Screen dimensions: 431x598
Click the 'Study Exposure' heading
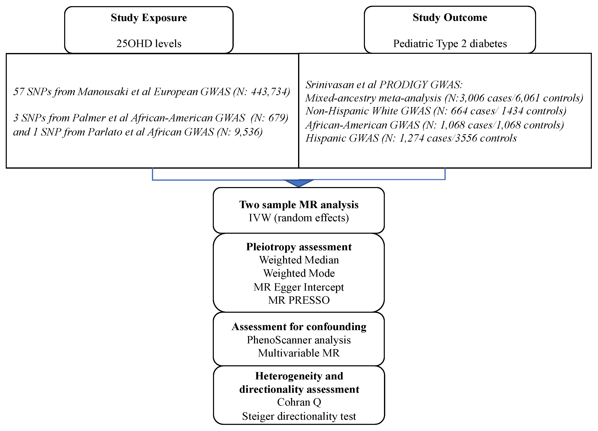[x=149, y=18]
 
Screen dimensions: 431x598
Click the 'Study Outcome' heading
[x=450, y=18]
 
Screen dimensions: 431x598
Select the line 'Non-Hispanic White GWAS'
[x=368, y=111]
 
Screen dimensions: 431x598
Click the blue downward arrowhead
[x=298, y=183]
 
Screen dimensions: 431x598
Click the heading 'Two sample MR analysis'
[x=298, y=205]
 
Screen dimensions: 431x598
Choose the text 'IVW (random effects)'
[x=298, y=218]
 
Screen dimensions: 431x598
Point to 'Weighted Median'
[x=298, y=260]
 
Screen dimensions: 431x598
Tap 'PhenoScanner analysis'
[x=298, y=340]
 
